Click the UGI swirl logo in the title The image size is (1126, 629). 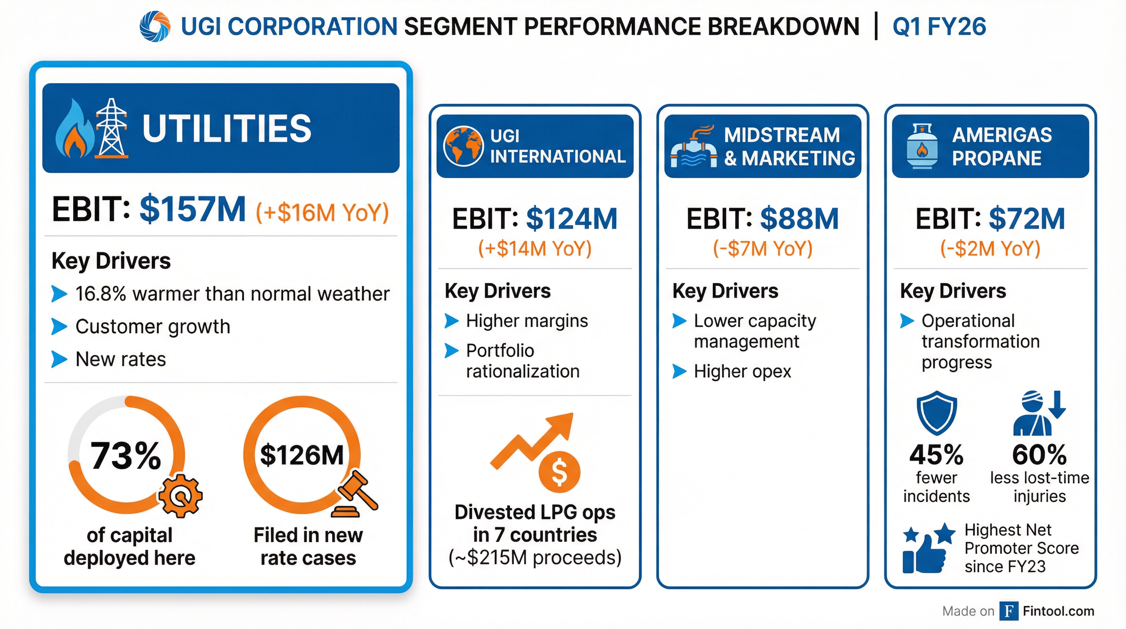pos(155,27)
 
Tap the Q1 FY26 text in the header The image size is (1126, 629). pos(939,27)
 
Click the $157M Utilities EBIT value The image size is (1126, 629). pos(192,210)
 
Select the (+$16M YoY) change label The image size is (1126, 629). pos(322,212)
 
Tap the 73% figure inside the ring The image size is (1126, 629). pos(126,456)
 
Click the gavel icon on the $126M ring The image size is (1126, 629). pos(356,495)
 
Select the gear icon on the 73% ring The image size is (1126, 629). pos(180,496)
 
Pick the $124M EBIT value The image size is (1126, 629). pos(571,218)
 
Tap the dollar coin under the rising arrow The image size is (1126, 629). pos(559,473)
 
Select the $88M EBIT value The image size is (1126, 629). pos(799,218)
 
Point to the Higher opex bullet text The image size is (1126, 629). pos(742,372)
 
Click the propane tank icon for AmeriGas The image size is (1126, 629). pos(922,146)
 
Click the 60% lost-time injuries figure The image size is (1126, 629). pos(1039,455)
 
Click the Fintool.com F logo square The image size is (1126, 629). pos(1009,611)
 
